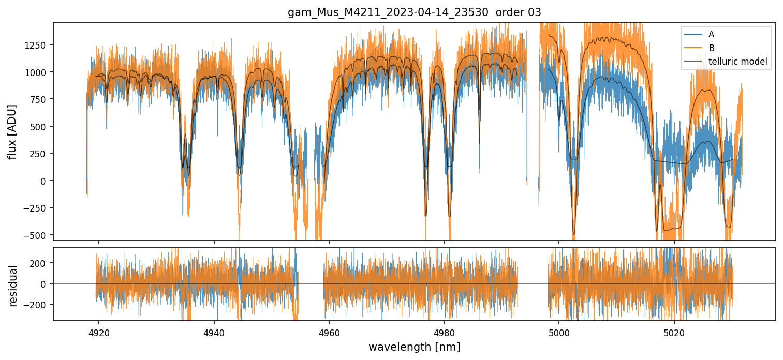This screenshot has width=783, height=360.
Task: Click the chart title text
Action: [414, 12]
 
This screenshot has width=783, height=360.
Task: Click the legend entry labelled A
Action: [711, 34]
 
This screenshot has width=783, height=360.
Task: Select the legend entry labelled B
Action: [711, 48]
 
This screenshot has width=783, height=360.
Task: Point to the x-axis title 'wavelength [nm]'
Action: [414, 347]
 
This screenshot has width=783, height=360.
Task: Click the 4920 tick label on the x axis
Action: [99, 332]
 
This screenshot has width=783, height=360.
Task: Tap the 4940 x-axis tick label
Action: [214, 332]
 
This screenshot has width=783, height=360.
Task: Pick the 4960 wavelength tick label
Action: [329, 332]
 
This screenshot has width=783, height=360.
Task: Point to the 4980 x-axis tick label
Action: [444, 332]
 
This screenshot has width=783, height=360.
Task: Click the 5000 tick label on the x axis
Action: [559, 332]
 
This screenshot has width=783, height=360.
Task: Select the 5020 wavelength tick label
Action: [674, 332]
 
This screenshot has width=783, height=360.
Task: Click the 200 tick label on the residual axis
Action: [40, 263]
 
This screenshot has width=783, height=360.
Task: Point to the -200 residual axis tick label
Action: [38, 305]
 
